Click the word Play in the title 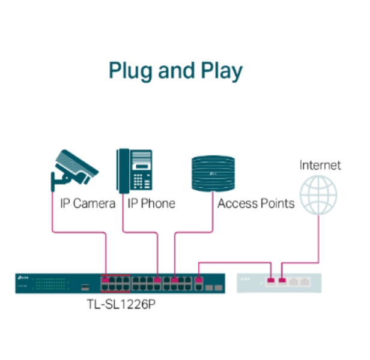(x=222, y=71)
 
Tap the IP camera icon (x=75, y=168)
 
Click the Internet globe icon (x=319, y=194)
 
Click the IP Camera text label (x=88, y=203)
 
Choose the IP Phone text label (x=151, y=203)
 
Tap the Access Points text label (x=256, y=203)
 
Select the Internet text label (x=320, y=165)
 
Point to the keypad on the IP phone (x=142, y=179)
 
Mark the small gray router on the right (x=282, y=283)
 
